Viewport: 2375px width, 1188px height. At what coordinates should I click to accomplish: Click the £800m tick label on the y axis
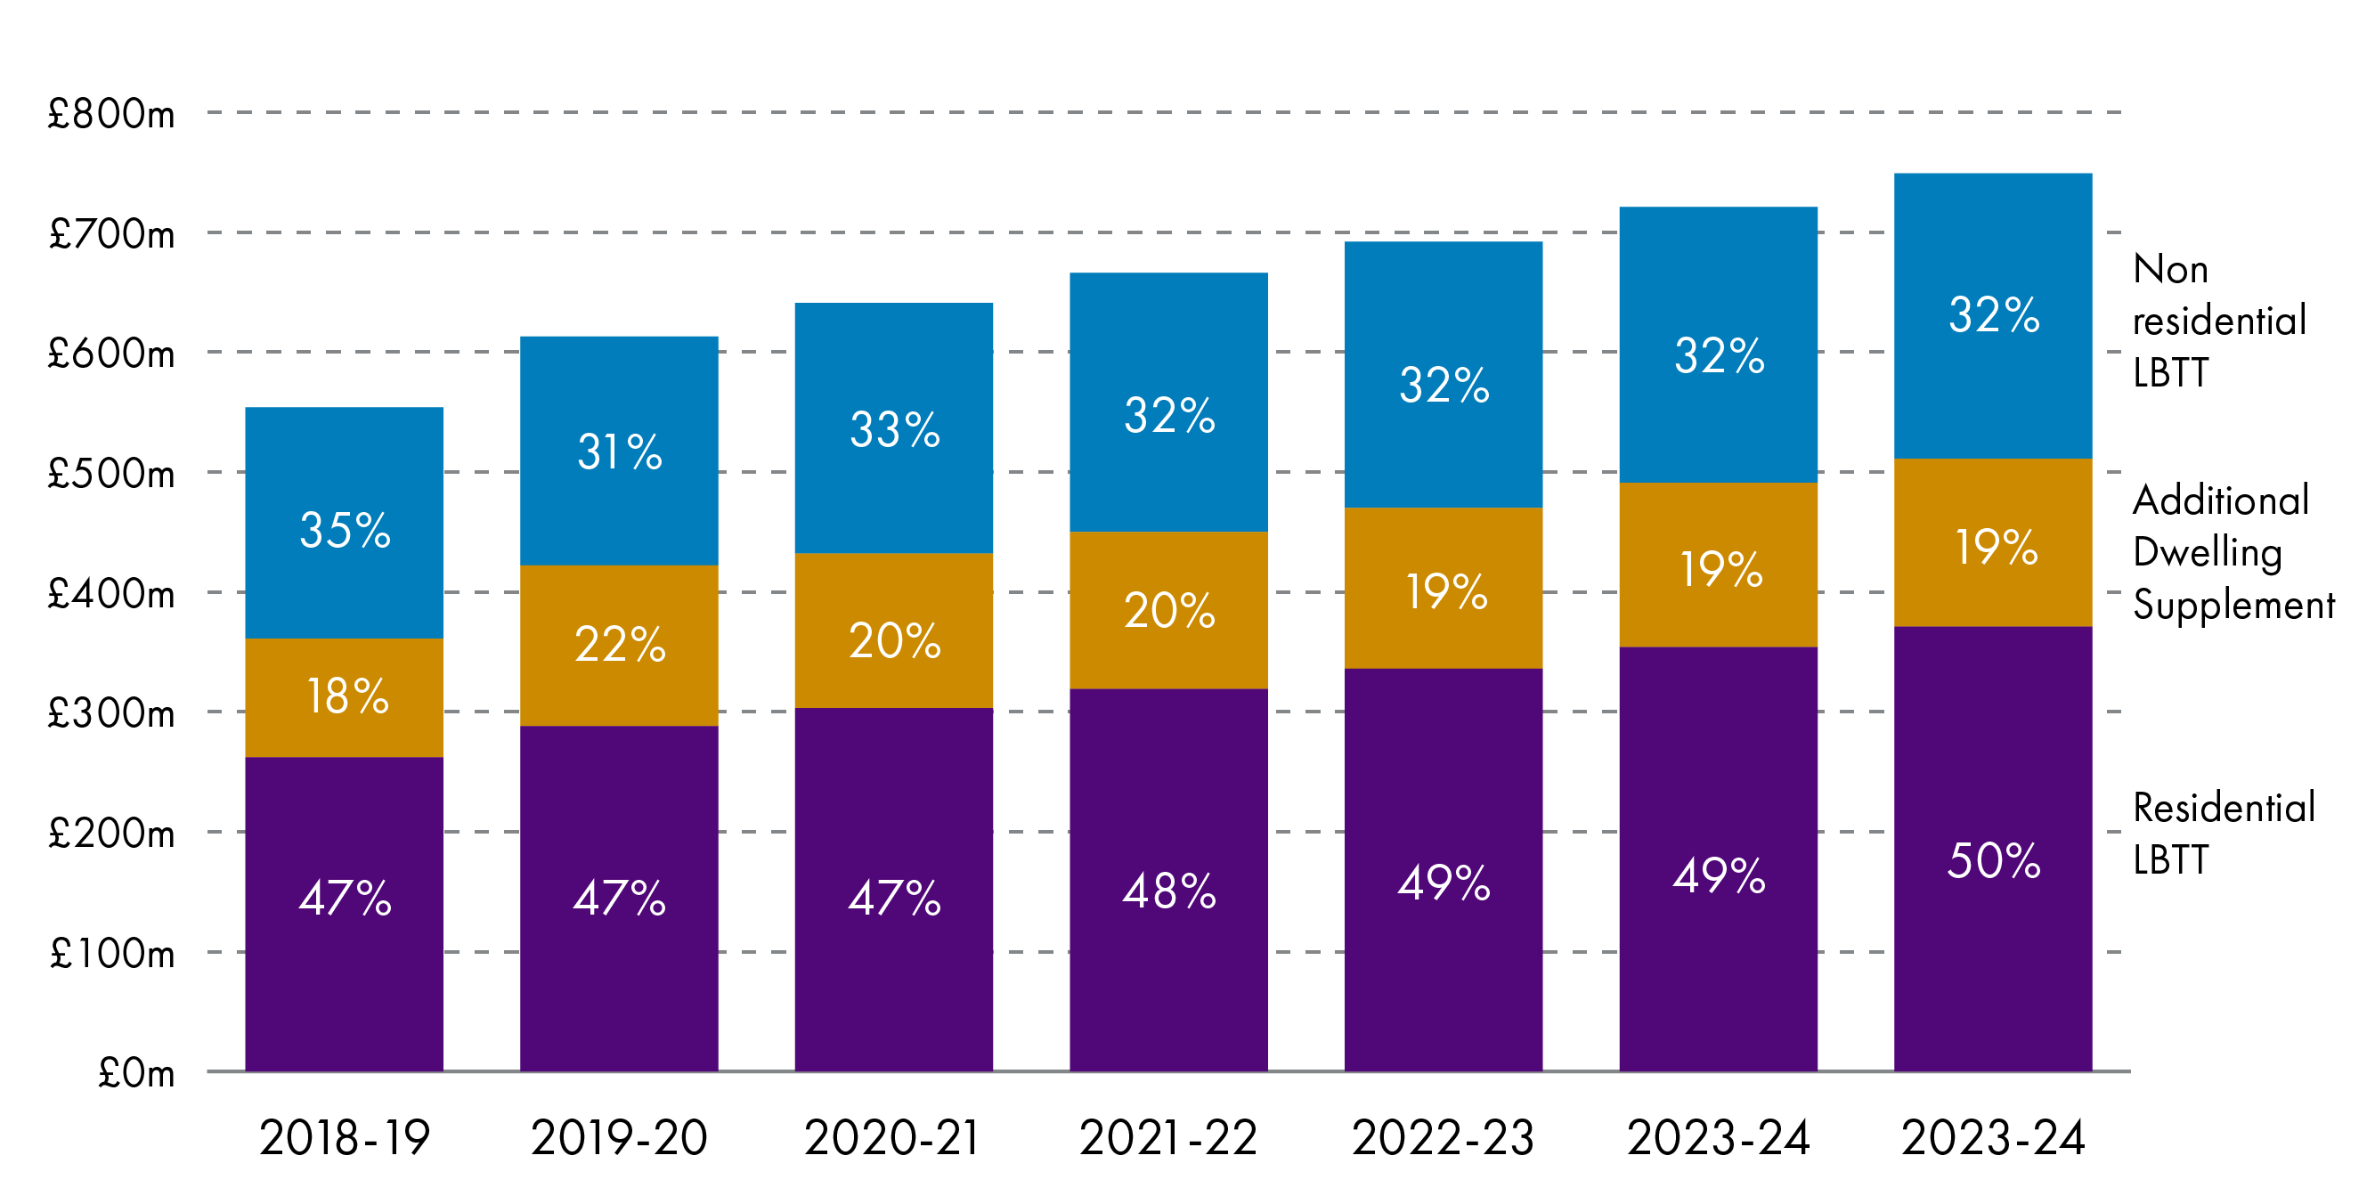point(110,114)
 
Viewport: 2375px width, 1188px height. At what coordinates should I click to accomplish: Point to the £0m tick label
point(135,1074)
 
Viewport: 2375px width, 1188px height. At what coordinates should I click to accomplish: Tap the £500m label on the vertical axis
point(110,474)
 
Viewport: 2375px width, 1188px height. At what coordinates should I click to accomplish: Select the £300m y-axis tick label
point(110,714)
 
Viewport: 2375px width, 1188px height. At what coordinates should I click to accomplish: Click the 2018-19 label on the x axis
point(344,1137)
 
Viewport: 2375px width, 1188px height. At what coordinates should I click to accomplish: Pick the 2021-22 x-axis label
point(1168,1137)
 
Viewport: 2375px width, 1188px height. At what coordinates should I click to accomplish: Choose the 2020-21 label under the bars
point(892,1137)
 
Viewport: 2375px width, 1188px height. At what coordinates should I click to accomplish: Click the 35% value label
point(345,531)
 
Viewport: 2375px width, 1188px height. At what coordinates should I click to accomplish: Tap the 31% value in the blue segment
point(620,452)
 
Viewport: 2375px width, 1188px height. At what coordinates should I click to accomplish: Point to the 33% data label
point(894,430)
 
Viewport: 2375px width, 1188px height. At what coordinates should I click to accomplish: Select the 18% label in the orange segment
point(346,696)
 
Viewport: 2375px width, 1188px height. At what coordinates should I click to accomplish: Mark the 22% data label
point(620,644)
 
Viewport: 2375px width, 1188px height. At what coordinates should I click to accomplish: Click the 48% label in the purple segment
point(1169,891)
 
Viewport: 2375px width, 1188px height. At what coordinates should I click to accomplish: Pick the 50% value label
point(1993,860)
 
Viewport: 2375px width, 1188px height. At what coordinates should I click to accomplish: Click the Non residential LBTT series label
point(2218,321)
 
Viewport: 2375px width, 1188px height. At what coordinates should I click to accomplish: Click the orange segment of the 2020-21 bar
point(893,590)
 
